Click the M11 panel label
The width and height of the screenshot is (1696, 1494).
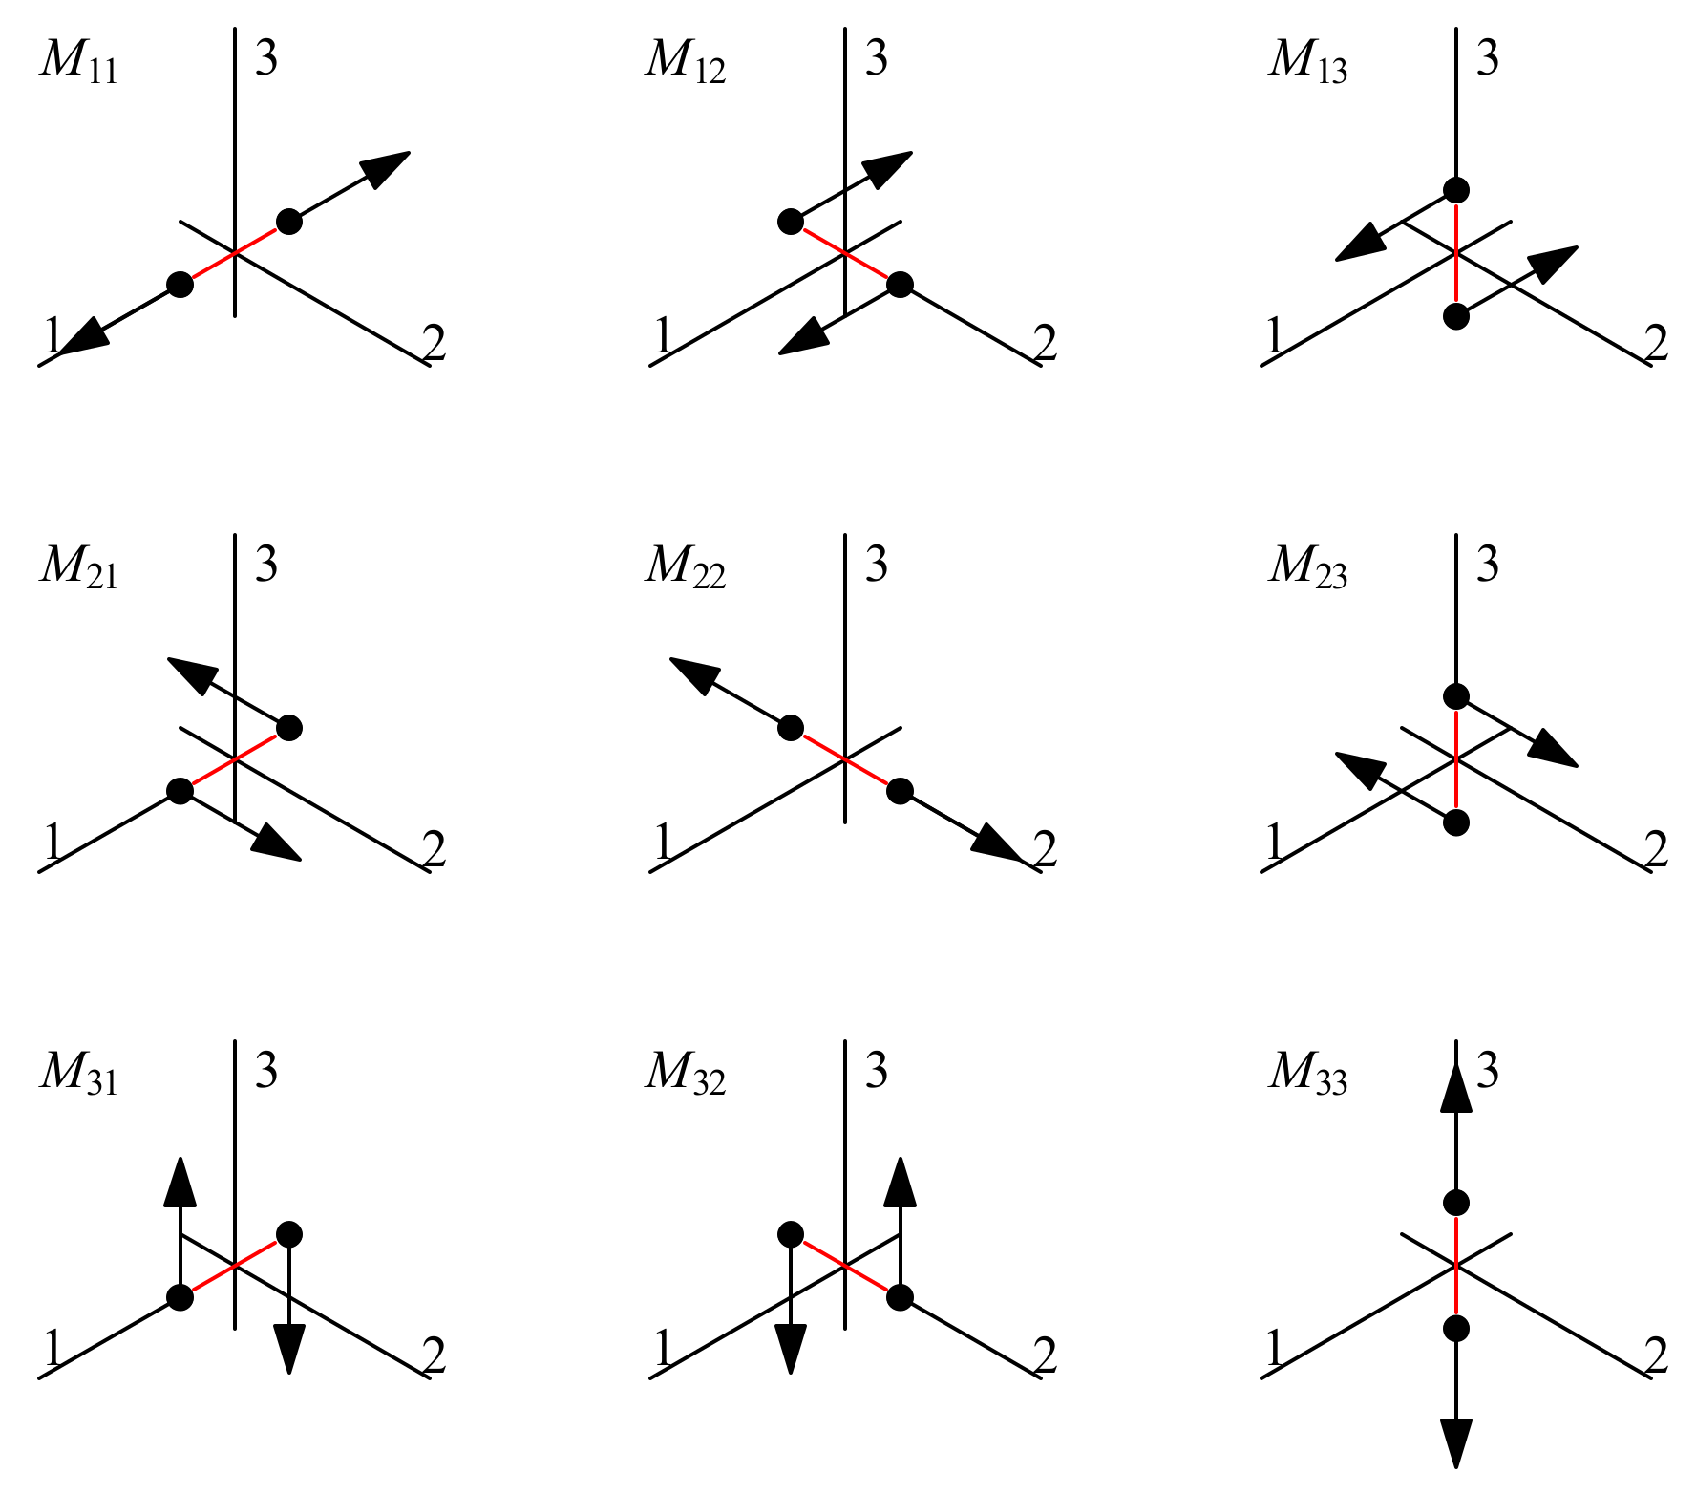pyautogui.click(x=79, y=61)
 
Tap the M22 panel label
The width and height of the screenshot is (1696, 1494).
pyautogui.click(x=686, y=566)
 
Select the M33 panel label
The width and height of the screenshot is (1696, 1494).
pyautogui.click(x=1307, y=1072)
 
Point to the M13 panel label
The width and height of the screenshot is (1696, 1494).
pyautogui.click(x=1307, y=61)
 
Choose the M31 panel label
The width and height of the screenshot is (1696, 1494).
pyautogui.click(x=79, y=1072)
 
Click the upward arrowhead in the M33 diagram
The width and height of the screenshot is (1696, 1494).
pyautogui.click(x=1455, y=1087)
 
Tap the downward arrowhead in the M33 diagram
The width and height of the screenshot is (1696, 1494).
pyautogui.click(x=1455, y=1442)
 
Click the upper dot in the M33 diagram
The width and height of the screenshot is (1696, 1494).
pyautogui.click(x=1455, y=1203)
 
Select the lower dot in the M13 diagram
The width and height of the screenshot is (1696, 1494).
pyautogui.click(x=1455, y=316)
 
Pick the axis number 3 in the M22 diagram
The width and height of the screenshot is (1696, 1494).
pyautogui.click(x=877, y=564)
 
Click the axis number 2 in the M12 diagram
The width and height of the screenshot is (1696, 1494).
pyautogui.click(x=1046, y=344)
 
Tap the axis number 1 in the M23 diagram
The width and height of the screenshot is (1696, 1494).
pyautogui.click(x=1274, y=843)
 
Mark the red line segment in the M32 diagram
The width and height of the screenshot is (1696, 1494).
pyautogui.click(x=846, y=1266)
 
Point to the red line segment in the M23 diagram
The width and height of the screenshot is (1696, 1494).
pyautogui.click(x=1455, y=759)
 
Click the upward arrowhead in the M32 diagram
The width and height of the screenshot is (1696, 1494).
pyautogui.click(x=900, y=1183)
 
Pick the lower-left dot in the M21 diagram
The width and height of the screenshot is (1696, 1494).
pyautogui.click(x=180, y=791)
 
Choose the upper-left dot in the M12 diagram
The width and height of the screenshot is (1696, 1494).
pyautogui.click(x=791, y=222)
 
